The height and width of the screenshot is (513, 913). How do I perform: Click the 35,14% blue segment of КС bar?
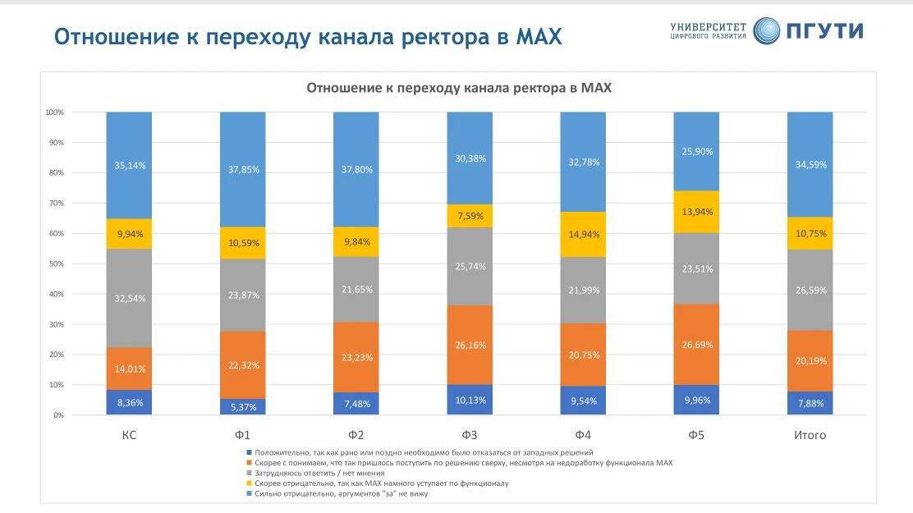point(129,165)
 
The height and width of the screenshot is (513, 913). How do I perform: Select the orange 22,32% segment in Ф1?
point(242,365)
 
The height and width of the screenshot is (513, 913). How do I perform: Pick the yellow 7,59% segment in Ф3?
point(470,217)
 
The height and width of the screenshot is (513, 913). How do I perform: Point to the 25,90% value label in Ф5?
point(696,152)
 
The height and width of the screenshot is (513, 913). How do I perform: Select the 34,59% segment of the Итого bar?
point(810,165)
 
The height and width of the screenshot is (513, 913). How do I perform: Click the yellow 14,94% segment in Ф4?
point(583,234)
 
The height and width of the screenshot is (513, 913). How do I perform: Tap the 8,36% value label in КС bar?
point(129,403)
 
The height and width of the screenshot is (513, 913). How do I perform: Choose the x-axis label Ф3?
point(470,435)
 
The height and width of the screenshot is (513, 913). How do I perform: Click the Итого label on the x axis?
point(810,435)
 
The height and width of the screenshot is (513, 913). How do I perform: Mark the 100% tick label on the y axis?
point(54,112)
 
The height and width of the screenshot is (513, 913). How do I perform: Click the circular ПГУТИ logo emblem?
point(767,31)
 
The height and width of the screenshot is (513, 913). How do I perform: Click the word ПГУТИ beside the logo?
point(825,31)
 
